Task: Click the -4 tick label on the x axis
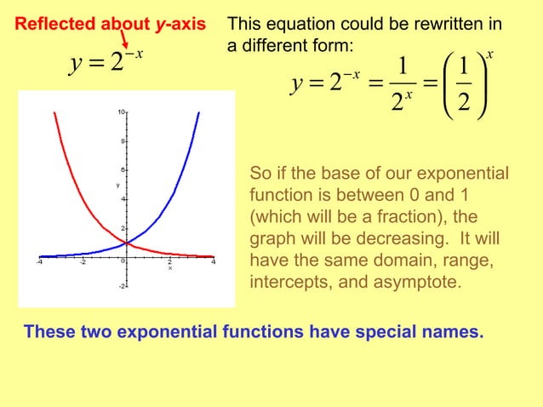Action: click(x=39, y=262)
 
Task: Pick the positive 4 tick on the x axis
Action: click(x=213, y=262)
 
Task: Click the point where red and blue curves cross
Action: click(x=126, y=243)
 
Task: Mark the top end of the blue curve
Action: click(x=198, y=112)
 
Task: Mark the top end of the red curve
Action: click(x=54, y=112)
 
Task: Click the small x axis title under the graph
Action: click(x=169, y=268)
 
